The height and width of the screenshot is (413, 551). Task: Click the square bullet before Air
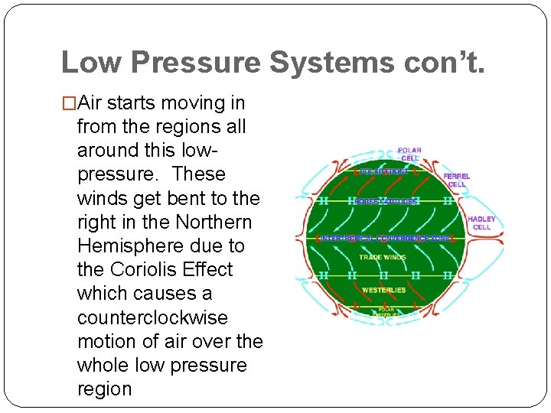(x=69, y=103)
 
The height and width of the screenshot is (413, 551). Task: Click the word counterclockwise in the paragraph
(x=152, y=317)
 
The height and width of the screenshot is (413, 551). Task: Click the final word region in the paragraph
(x=105, y=389)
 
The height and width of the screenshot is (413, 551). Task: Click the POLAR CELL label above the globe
(x=409, y=154)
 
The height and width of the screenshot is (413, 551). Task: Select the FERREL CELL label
(x=457, y=180)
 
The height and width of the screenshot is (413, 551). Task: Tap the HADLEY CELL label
(x=481, y=223)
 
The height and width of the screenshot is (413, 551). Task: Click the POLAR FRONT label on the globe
(x=383, y=173)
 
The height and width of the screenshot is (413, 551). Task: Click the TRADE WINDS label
(x=383, y=258)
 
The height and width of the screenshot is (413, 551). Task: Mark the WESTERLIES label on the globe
(x=383, y=291)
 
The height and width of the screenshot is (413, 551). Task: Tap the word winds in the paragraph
(x=103, y=198)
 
